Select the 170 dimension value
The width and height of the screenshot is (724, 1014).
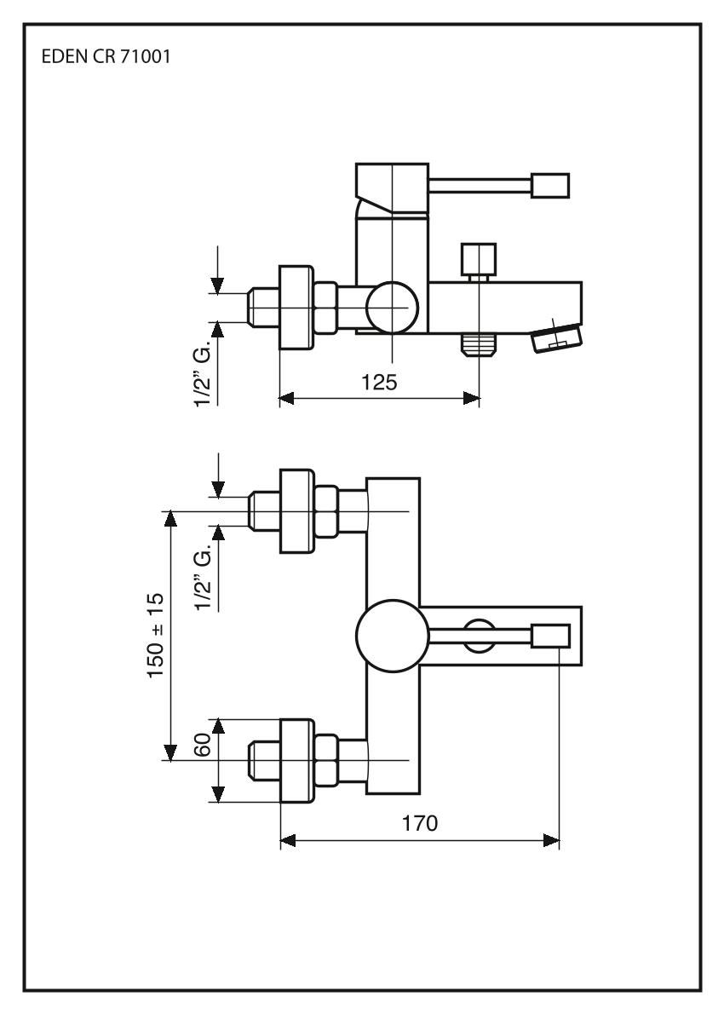(x=420, y=823)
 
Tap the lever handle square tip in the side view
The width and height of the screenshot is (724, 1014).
(x=549, y=185)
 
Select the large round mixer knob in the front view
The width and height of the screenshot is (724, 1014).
(x=389, y=636)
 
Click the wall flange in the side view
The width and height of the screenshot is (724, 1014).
(x=296, y=307)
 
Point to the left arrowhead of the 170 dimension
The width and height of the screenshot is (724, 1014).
(x=287, y=841)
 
